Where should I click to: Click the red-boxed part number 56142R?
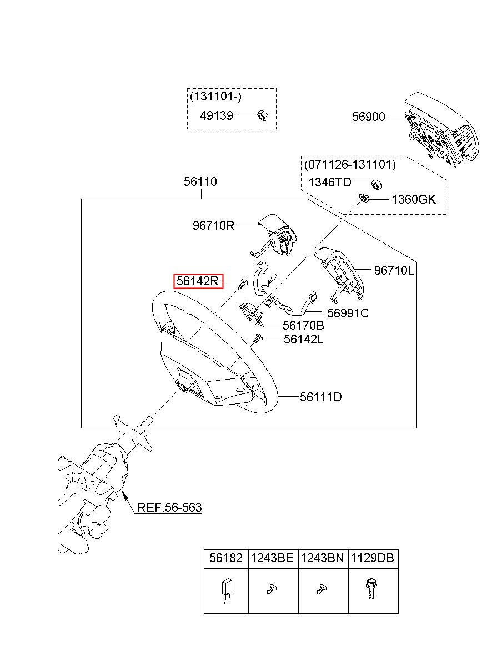coord(197,281)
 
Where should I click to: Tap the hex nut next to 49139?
coord(263,115)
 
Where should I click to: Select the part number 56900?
coord(368,117)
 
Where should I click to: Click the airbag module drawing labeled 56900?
coord(441,130)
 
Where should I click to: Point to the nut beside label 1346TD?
coord(376,184)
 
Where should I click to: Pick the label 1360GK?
coord(414,200)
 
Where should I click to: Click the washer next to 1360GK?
coord(364,198)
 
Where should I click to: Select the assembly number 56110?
coord(200,181)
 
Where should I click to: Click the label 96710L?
coord(394,271)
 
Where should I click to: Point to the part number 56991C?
coord(348,313)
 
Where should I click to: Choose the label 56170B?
coord(303,325)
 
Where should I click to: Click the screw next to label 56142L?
coord(258,338)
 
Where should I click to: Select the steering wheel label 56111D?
coord(320,397)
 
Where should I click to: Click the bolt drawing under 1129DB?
coord(371,589)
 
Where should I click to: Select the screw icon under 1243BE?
coord(271,589)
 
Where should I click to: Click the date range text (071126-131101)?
coord(350,164)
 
